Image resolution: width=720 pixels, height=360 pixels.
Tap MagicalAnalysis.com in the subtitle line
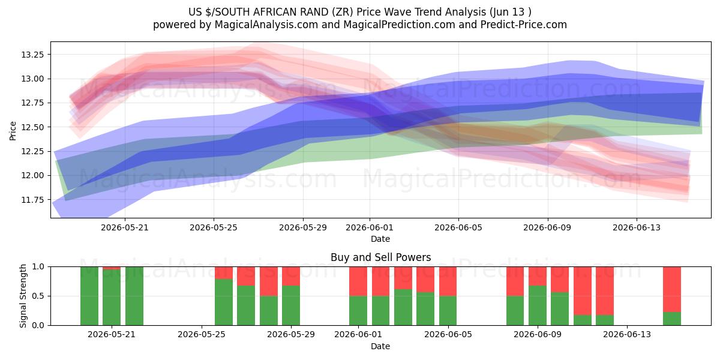[266, 25]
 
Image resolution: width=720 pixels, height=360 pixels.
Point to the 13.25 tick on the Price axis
[32, 55]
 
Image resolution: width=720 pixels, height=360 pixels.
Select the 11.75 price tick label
[32, 200]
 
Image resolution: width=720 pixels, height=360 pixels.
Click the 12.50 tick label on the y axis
[32, 127]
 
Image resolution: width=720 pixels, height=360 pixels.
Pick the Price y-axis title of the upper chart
[13, 131]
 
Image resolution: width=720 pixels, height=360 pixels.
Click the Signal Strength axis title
[23, 296]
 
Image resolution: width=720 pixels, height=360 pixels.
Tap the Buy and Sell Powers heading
[380, 257]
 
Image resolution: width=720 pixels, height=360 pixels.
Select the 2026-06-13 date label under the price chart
[637, 227]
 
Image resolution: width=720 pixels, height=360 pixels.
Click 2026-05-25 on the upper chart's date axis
[214, 227]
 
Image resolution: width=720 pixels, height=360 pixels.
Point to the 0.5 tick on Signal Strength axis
[38, 296]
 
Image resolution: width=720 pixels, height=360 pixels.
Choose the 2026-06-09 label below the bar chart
[538, 334]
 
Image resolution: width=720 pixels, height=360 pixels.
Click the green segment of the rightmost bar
[672, 319]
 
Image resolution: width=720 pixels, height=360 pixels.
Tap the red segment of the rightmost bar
[672, 289]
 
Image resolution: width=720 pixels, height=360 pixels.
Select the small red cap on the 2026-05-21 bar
[112, 268]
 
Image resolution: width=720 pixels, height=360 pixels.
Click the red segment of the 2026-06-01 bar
[358, 281]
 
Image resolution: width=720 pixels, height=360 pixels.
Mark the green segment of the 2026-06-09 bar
[538, 305]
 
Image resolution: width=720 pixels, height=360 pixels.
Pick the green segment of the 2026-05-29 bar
[291, 305]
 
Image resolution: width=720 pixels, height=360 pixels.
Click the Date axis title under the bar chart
[380, 346]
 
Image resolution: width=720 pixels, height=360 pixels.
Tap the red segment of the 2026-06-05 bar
[448, 281]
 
